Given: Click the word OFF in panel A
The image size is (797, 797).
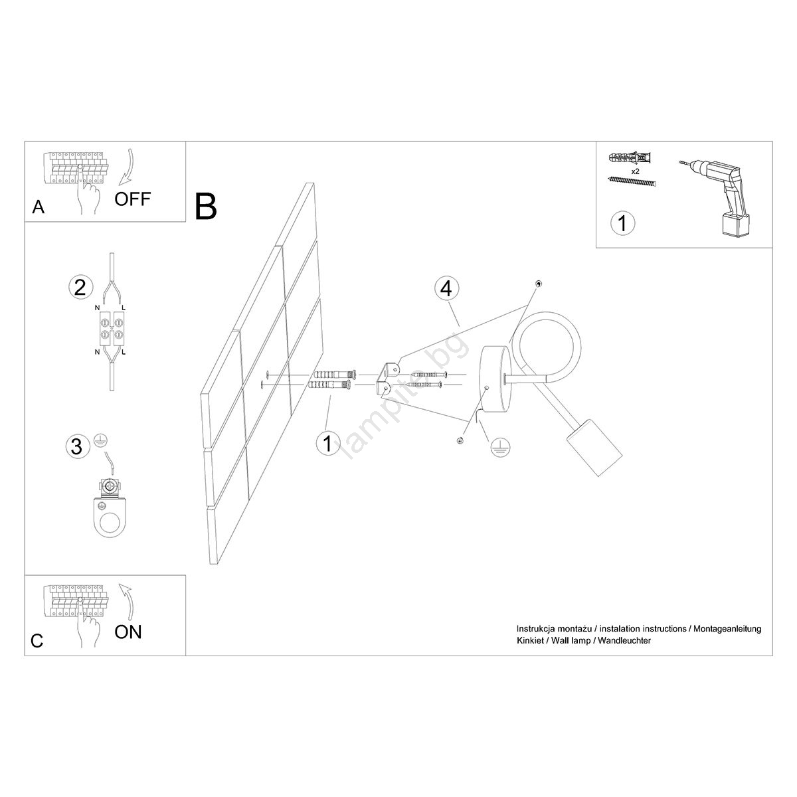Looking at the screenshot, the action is coord(132,199).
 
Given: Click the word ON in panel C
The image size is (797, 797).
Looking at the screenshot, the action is coord(128,632).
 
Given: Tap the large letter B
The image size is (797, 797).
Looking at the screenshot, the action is coord(205,207).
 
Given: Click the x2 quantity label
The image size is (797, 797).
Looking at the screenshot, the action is coord(636,171).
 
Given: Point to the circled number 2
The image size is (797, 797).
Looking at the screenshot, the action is coord(80,287).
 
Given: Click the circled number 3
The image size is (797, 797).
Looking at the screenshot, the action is coord(77,447).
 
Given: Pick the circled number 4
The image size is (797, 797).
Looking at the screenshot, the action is coord(447,288).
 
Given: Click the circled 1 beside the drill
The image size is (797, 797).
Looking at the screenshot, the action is coord(622,223).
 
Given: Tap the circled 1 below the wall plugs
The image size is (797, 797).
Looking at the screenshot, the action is coord(328,444).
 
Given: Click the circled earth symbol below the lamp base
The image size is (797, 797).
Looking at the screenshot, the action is coord(500,448).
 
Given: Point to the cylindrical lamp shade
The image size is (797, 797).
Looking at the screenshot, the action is coord(594,448).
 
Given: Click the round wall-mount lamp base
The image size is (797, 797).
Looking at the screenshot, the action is coord(496,379).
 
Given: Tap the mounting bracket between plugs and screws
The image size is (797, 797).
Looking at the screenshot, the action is coord(389,378).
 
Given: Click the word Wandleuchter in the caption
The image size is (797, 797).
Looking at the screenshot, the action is coord(624,641).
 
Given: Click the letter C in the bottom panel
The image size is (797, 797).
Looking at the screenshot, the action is coord(37,641).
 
